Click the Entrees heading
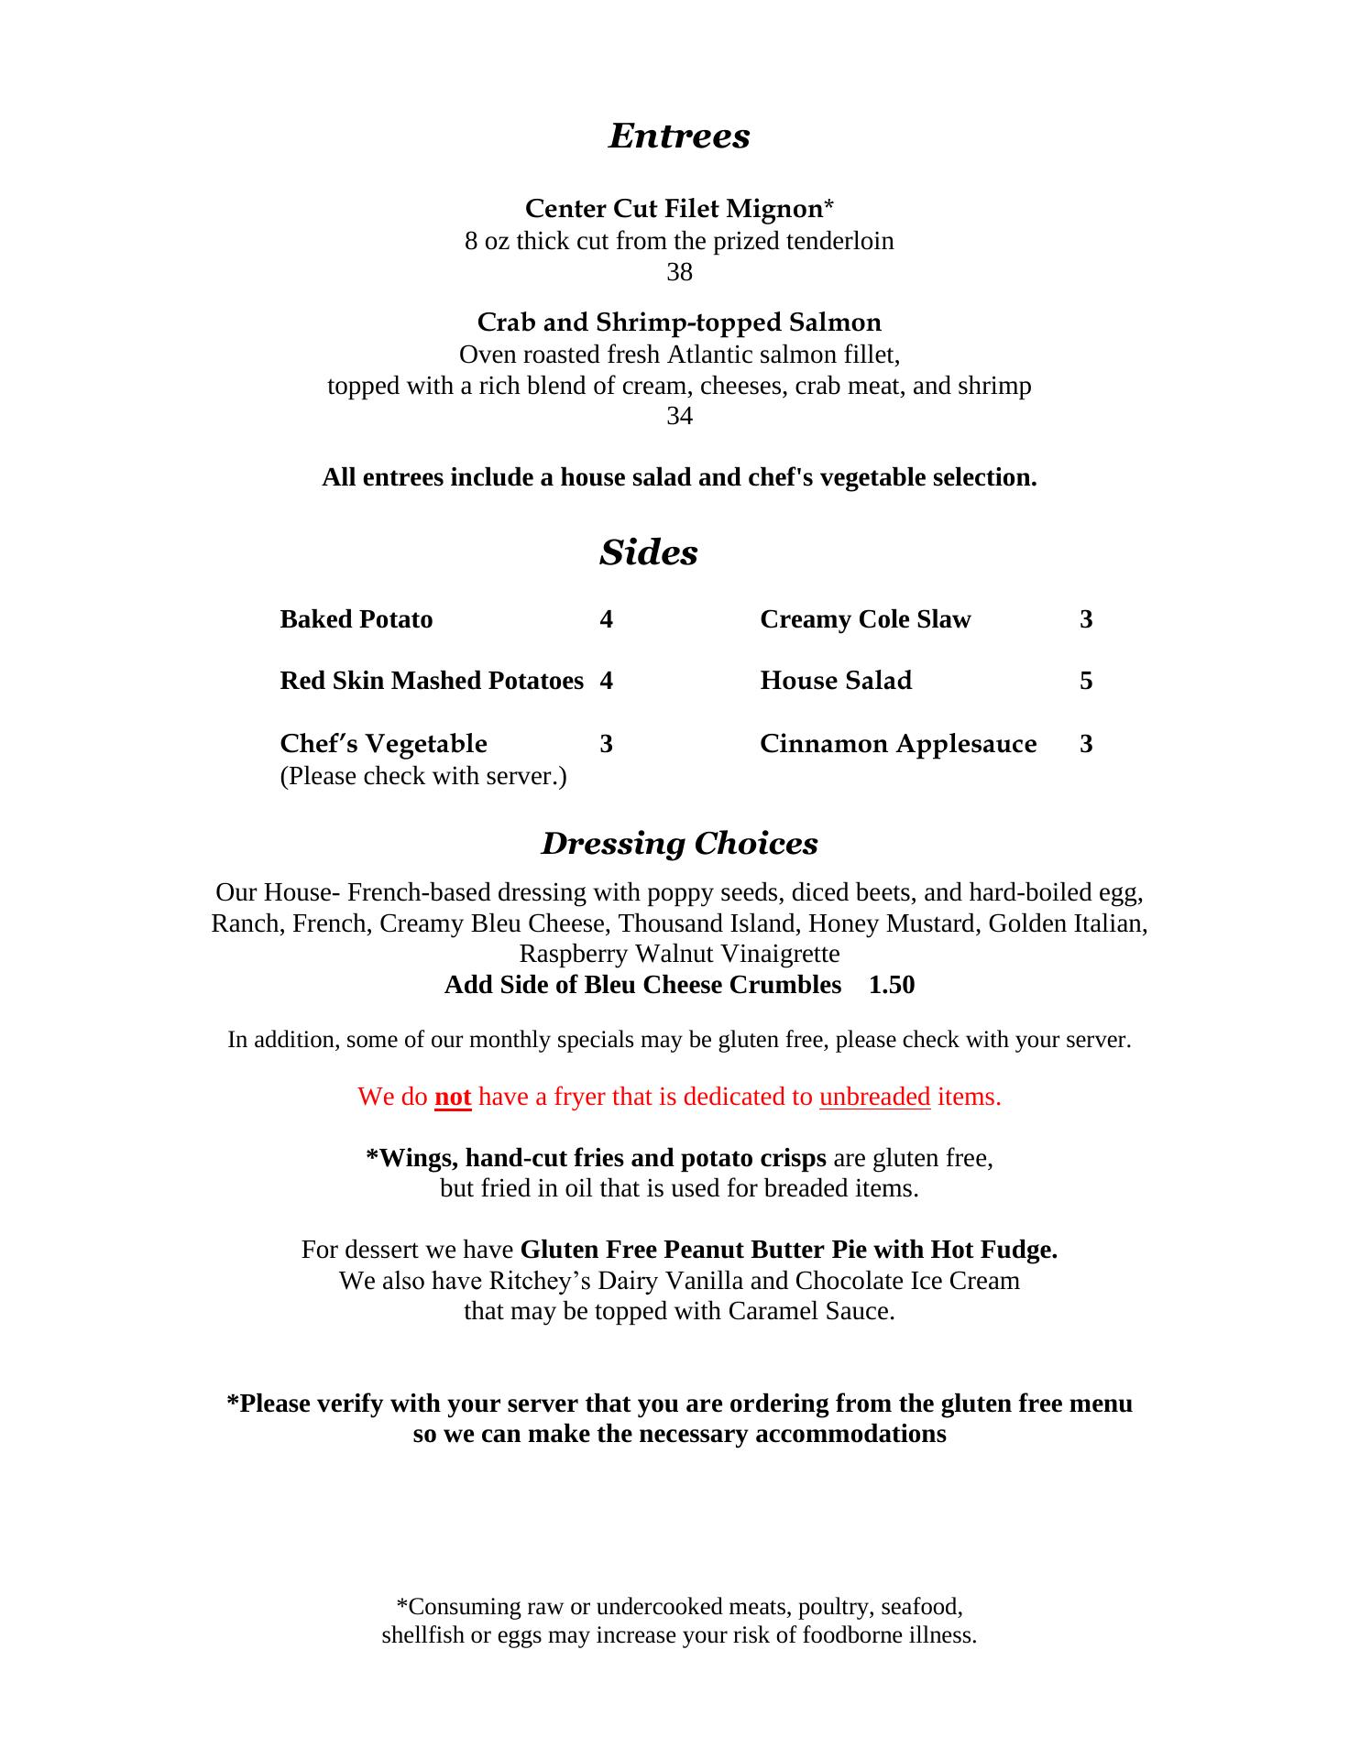[679, 136]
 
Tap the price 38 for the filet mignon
[679, 272]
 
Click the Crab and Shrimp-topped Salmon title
[679, 322]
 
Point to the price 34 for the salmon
[679, 416]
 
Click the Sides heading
[649, 552]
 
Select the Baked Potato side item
[356, 619]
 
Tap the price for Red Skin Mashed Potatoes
[607, 681]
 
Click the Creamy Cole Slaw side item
[865, 619]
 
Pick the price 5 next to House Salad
[1086, 681]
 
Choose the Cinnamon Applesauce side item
[898, 744]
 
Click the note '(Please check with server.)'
[422, 776]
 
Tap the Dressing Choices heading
[679, 843]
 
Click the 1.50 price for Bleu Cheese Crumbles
[892, 985]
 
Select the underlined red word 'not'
[453, 1097]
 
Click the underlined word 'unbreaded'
[874, 1097]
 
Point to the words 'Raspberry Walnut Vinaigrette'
[679, 954]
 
